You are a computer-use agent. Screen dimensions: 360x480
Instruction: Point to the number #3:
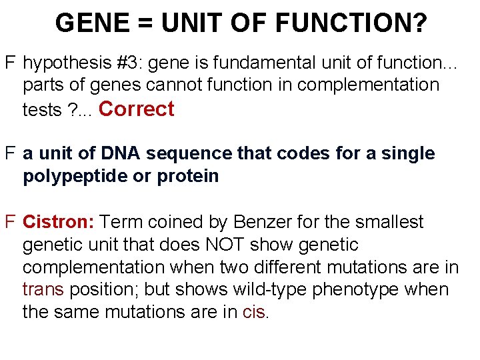(x=130, y=63)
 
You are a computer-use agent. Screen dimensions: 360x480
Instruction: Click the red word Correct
(x=136, y=109)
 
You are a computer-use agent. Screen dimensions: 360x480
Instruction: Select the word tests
(x=42, y=109)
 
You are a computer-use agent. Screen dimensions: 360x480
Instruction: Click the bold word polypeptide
(x=75, y=176)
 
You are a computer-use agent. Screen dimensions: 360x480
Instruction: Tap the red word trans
(x=43, y=289)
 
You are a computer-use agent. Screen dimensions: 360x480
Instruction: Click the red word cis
(x=253, y=312)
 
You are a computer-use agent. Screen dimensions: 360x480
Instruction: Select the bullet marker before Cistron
(x=10, y=221)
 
